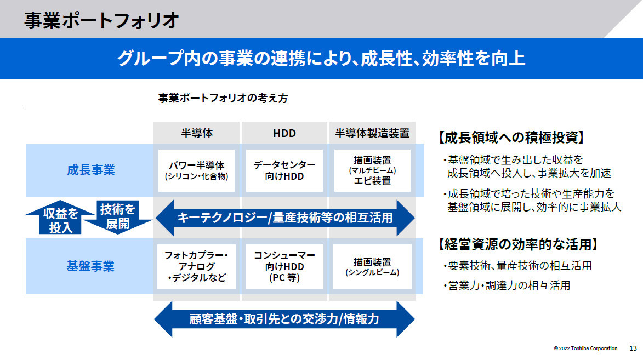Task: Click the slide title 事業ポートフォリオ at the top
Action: [x=101, y=20]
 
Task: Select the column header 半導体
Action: [x=197, y=133]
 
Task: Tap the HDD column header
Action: [x=284, y=133]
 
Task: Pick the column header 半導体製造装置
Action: [x=372, y=133]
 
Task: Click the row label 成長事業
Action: [x=90, y=170]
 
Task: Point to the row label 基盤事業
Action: [x=90, y=266]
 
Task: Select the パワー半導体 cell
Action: [x=196, y=170]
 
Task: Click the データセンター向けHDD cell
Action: [x=284, y=170]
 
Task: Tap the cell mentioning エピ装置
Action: [x=372, y=170]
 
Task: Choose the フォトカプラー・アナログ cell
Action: [x=196, y=267]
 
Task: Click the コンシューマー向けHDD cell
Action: [x=284, y=267]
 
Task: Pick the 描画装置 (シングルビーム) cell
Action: [x=372, y=267]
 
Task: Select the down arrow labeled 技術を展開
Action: [x=118, y=218]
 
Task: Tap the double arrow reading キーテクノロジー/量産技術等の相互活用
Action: [x=285, y=218]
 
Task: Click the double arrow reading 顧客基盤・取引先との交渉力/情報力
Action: [x=284, y=319]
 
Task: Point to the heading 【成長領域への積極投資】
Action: [x=511, y=137]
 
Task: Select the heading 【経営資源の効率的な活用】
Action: [x=518, y=244]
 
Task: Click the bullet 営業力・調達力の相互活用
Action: [x=507, y=285]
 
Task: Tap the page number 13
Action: [x=633, y=348]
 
